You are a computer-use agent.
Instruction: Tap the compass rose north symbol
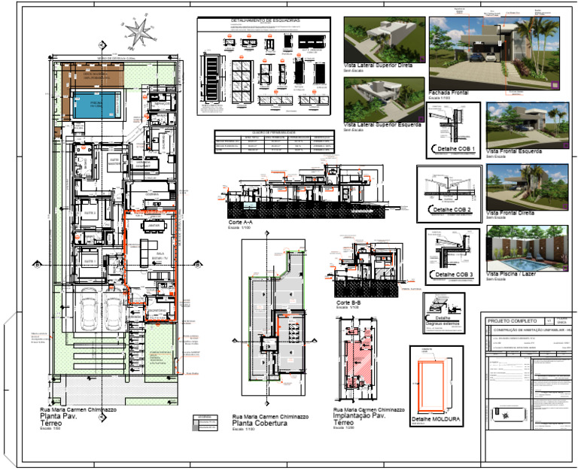pyautogui.click(x=138, y=32)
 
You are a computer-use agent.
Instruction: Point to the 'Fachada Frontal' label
pyautogui.click(x=449, y=93)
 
